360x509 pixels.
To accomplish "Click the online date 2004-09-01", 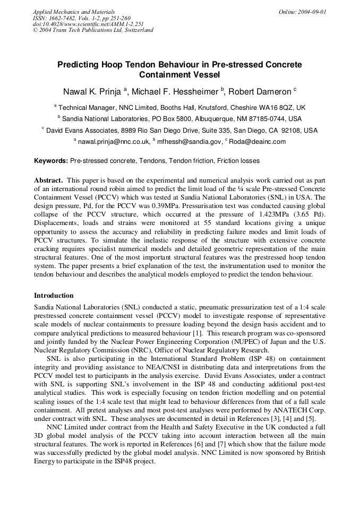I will (x=313, y=12).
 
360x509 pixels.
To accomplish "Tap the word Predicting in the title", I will (x=79, y=65).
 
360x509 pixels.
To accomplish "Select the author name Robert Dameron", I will (x=262, y=91).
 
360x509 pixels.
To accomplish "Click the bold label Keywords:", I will (x=51, y=160).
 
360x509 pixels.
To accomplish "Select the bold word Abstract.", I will (x=48, y=180).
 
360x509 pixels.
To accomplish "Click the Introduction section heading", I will (x=54, y=295).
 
